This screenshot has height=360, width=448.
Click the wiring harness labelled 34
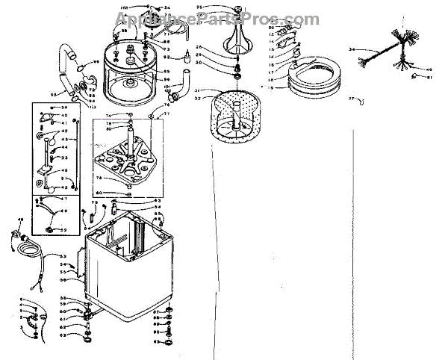coord(396,46)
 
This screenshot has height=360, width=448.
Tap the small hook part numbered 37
coord(361,99)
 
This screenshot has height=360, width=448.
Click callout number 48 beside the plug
coord(20,219)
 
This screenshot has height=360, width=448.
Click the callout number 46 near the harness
coord(430,70)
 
